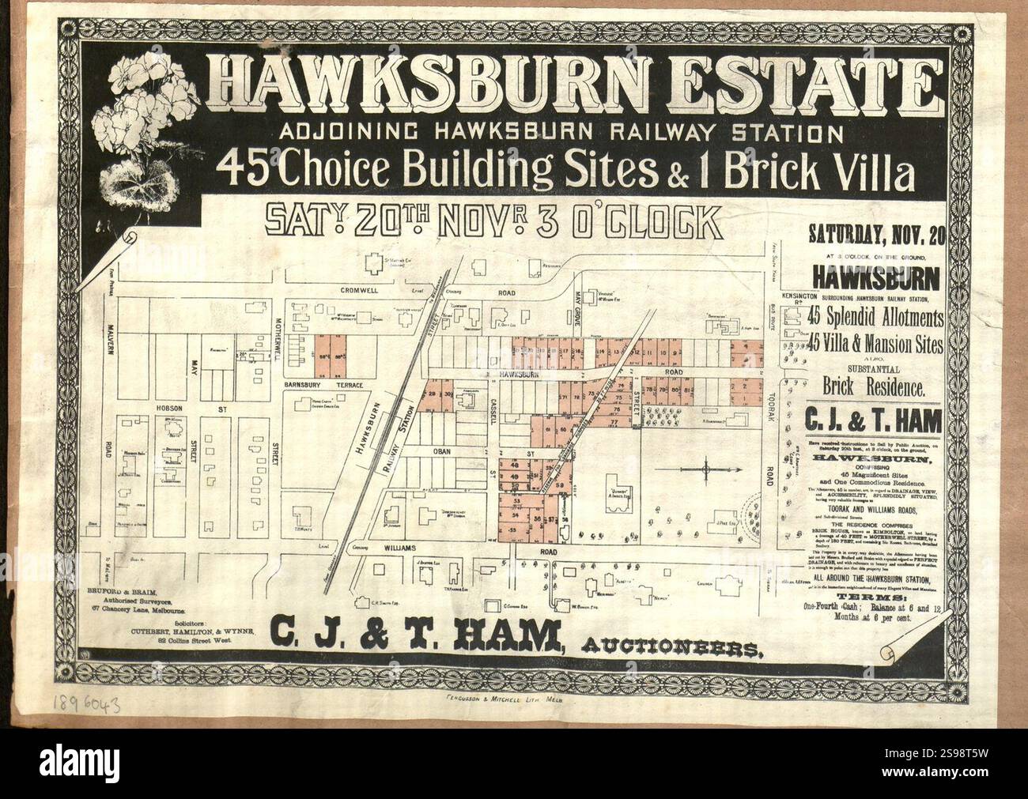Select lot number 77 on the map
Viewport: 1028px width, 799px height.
(615, 424)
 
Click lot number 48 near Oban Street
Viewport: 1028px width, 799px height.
(516, 466)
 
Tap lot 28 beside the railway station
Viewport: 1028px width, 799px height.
(433, 393)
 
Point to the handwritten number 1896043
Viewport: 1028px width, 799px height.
(88, 705)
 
